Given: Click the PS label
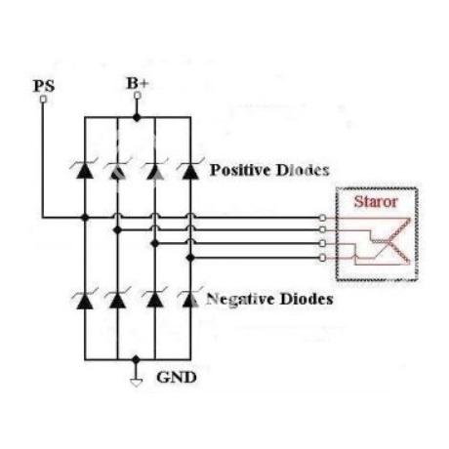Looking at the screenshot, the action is (x=44, y=86).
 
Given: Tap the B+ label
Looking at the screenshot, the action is (x=138, y=83).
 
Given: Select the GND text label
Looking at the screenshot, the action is (x=177, y=378).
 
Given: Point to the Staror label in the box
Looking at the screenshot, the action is (x=376, y=201).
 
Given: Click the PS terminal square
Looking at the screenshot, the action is (x=43, y=99).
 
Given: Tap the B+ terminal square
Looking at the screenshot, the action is (x=138, y=95).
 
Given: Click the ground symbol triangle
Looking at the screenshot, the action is (x=136, y=383).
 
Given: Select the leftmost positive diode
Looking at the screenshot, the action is (x=85, y=170).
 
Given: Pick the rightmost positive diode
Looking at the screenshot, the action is (x=190, y=170).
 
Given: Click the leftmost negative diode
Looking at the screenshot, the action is (x=85, y=300).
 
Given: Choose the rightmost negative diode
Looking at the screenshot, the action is (x=190, y=300).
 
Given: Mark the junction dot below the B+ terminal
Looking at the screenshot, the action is (x=137, y=117).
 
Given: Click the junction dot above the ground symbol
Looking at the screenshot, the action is (x=136, y=359).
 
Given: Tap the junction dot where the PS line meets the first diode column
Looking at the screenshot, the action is (x=85, y=218).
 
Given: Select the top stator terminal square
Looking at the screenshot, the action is (x=322, y=218).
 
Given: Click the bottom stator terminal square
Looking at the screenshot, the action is (x=322, y=258).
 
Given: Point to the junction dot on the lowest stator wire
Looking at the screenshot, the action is (x=190, y=258).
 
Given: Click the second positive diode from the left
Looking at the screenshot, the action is (x=117, y=170).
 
